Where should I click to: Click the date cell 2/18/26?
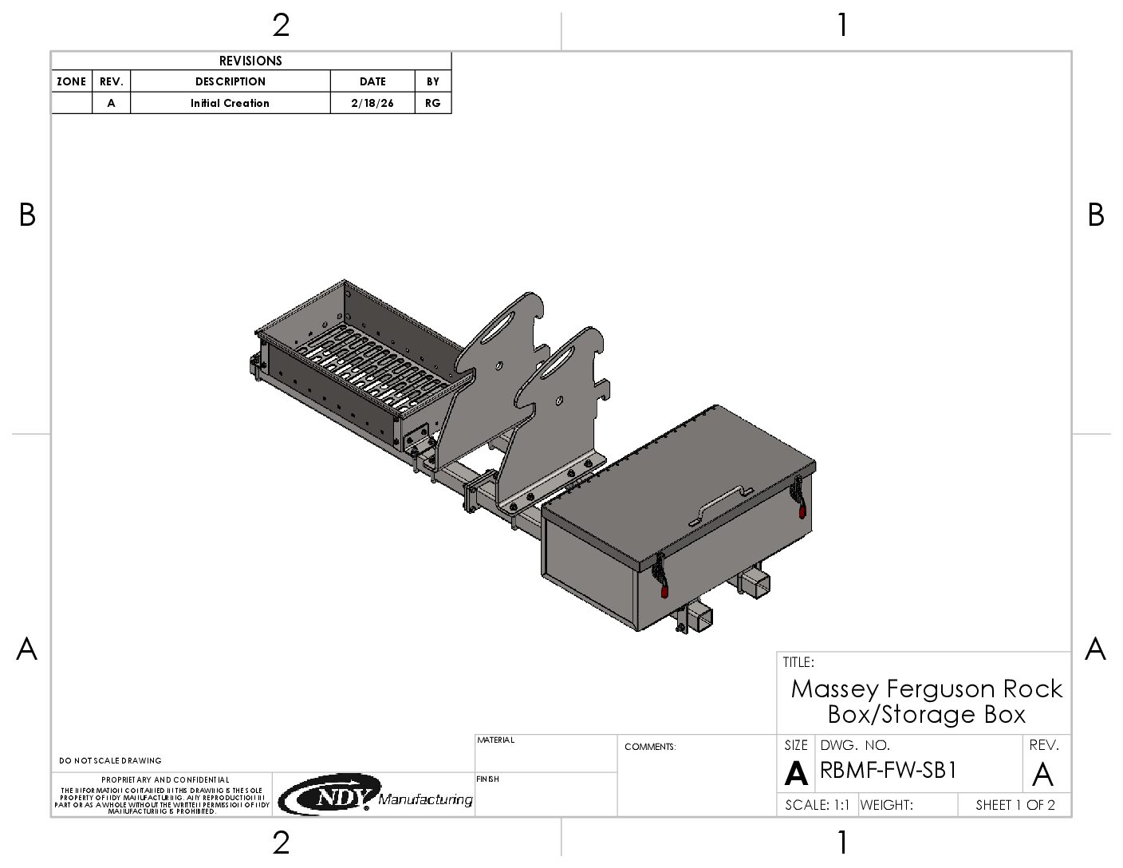[x=372, y=103]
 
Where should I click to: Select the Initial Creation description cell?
[x=230, y=103]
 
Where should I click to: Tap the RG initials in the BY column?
[x=433, y=103]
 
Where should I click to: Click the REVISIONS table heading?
[x=250, y=61]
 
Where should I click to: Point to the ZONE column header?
[x=72, y=81]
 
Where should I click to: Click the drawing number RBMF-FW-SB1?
[x=888, y=771]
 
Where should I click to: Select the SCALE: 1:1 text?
[x=817, y=805]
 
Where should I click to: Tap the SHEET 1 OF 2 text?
[x=1015, y=805]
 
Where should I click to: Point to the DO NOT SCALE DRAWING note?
[x=110, y=760]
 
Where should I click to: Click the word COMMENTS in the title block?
[x=650, y=747]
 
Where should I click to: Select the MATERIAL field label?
[x=496, y=740]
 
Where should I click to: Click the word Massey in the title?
[x=834, y=689]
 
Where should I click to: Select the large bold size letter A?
[x=795, y=774]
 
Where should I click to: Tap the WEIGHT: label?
[x=886, y=805]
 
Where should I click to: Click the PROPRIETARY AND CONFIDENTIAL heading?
[x=165, y=779]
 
